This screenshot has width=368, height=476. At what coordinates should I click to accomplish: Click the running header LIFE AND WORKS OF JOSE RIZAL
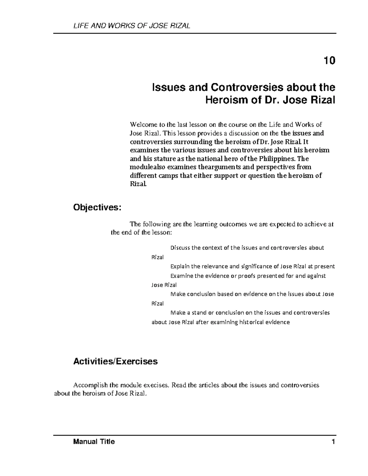pyautogui.click(x=132, y=26)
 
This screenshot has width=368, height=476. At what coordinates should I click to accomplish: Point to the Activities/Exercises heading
pyautogui.click(x=115, y=361)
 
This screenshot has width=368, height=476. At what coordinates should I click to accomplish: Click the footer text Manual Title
pyautogui.click(x=94, y=442)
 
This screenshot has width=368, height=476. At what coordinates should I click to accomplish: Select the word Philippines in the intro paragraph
pyautogui.click(x=277, y=159)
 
